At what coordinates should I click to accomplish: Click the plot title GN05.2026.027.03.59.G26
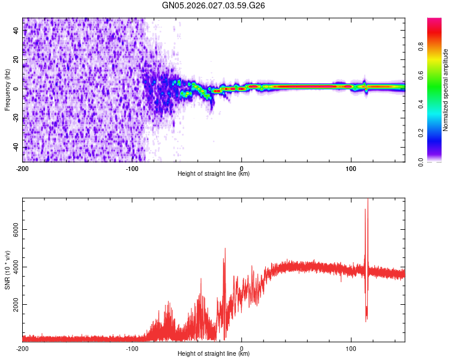(x=214, y=5)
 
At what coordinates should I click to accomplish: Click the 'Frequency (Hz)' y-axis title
(x=7, y=89)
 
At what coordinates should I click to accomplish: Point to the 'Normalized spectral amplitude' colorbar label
(x=445, y=89)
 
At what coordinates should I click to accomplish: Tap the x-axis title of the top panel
(x=214, y=173)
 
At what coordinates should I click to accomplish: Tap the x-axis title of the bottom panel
(x=214, y=353)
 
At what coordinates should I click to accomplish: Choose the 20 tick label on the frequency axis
(x=16, y=59)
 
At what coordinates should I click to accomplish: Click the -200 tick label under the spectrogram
(x=23, y=167)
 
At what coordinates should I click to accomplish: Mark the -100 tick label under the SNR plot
(x=132, y=347)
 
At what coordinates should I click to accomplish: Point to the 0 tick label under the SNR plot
(x=241, y=347)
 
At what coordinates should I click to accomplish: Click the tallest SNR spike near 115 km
(x=367, y=200)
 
